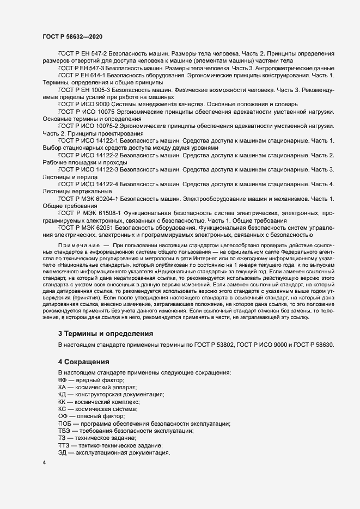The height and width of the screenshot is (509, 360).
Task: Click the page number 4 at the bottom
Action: [44, 463]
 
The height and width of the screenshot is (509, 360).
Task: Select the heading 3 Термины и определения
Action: [105, 333]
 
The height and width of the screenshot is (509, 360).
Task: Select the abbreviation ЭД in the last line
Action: [62, 453]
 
